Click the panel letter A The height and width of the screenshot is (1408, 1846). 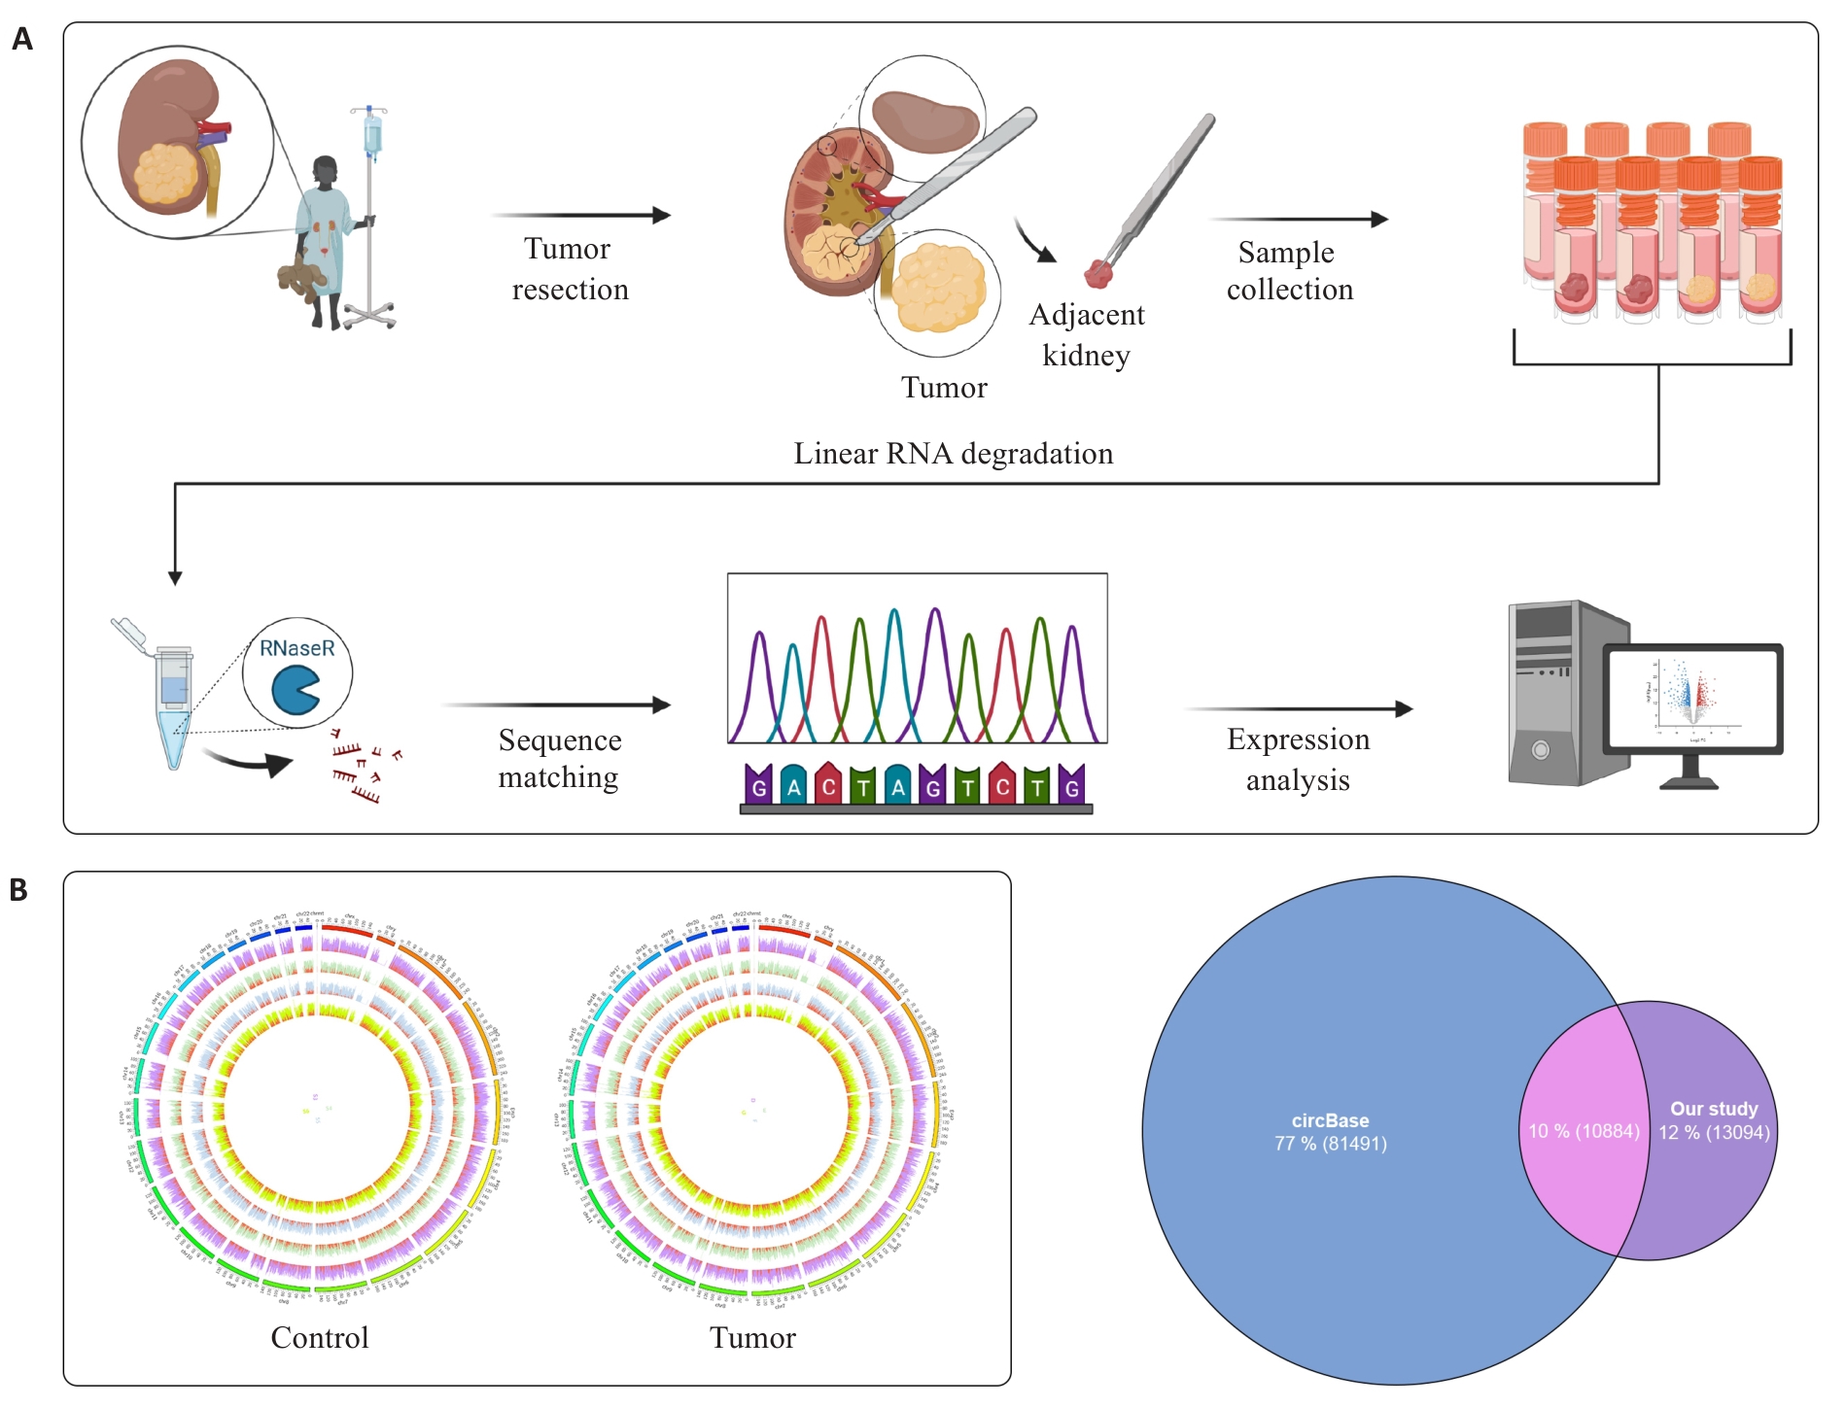[22, 40]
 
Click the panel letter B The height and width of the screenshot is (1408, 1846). [19, 890]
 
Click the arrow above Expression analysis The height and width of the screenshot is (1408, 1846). [1299, 709]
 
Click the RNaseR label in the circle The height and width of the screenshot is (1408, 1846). [296, 648]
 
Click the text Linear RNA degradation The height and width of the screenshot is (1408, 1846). [953, 454]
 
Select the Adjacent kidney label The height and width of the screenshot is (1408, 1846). [1087, 335]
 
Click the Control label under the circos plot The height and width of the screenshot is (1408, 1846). [320, 1338]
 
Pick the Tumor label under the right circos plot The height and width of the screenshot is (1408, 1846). [752, 1338]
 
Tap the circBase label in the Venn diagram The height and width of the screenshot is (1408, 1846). [1330, 1120]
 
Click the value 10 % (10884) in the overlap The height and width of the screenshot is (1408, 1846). [1584, 1131]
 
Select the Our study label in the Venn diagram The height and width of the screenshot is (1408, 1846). [1714, 1109]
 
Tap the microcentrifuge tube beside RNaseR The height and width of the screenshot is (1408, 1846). [173, 704]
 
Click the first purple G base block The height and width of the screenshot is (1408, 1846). [758, 785]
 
